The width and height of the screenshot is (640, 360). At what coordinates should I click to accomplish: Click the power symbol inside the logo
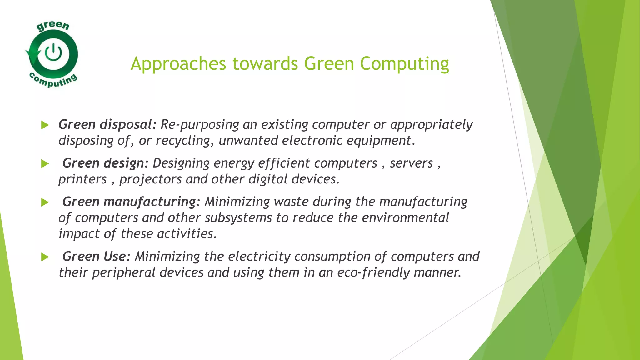coord(53,52)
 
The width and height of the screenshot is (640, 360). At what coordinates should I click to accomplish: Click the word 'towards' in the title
coord(265,64)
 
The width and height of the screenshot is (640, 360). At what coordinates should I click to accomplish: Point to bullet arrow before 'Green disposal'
coord(45,125)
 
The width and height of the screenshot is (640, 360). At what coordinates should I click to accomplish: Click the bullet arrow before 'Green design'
coord(45,164)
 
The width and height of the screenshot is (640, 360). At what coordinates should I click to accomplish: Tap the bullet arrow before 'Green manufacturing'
coord(45,202)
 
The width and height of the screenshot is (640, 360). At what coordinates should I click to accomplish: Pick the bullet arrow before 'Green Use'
coord(45,257)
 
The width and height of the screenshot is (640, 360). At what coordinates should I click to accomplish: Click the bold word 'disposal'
coord(126,125)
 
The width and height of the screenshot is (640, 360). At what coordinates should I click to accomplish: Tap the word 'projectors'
coord(150,179)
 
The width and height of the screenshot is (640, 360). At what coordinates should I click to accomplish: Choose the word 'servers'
coord(411,163)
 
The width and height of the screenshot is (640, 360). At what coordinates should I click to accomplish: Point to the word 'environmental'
coord(405,218)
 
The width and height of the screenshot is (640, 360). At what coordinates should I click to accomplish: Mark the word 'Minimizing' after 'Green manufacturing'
coord(237,202)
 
